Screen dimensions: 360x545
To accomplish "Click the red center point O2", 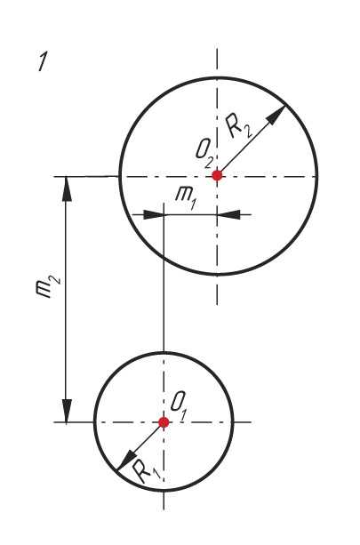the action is pos(217,175).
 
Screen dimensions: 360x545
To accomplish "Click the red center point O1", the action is pos(164,422).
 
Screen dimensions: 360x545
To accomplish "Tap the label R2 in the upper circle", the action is pos(239,127).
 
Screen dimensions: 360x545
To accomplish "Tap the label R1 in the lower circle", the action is pos(147,472).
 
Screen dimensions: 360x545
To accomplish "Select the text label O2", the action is pos(204,156).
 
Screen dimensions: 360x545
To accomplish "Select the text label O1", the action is pos(180,405).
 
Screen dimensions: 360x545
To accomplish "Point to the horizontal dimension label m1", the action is pos(185,198).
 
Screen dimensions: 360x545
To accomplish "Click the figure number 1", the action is pos(43,62).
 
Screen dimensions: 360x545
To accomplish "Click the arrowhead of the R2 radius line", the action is pos(277,115).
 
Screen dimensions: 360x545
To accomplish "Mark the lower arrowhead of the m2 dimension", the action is pos(67,411).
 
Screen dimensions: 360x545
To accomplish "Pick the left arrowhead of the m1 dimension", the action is pos(154,215).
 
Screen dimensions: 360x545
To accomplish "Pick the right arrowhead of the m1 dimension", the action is pos(228,215).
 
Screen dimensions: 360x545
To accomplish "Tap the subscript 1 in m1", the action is pos(192,204).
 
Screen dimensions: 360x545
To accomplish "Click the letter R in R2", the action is pos(234,124).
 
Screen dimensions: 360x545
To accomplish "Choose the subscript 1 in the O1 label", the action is pos(185,413).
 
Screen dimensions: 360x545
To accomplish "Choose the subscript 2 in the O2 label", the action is pos(209,163).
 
